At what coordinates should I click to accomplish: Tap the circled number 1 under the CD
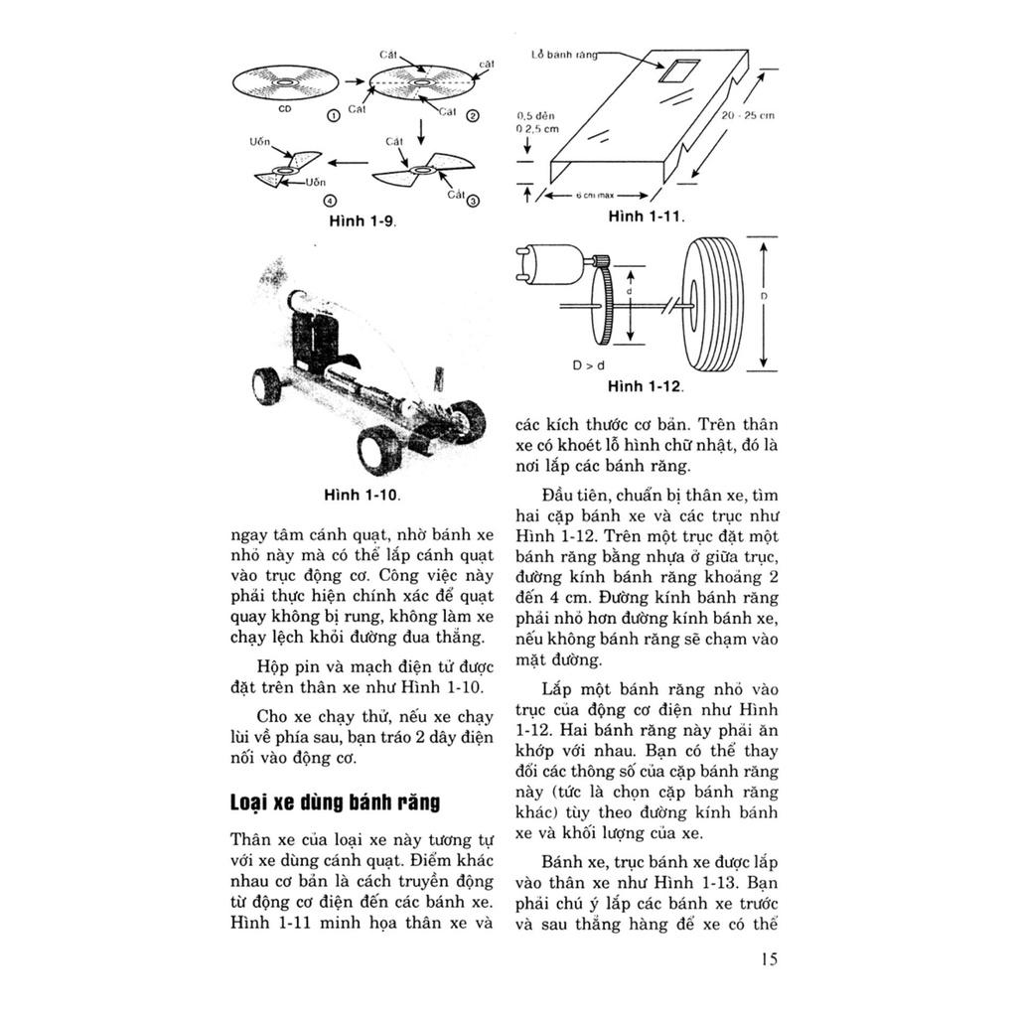pyautogui.click(x=334, y=116)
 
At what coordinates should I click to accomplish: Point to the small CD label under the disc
pyautogui.click(x=285, y=108)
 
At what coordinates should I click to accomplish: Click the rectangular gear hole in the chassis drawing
pyautogui.click(x=679, y=72)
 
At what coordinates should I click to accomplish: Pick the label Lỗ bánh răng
pyautogui.click(x=563, y=56)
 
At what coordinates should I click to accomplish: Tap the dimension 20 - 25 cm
pyautogui.click(x=749, y=116)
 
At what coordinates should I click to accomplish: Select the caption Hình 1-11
pyautogui.click(x=647, y=215)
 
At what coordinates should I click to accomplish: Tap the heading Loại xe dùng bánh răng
pyautogui.click(x=335, y=801)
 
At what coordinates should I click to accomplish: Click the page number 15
pyautogui.click(x=769, y=958)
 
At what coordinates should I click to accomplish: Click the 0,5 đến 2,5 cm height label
pyautogui.click(x=536, y=122)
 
